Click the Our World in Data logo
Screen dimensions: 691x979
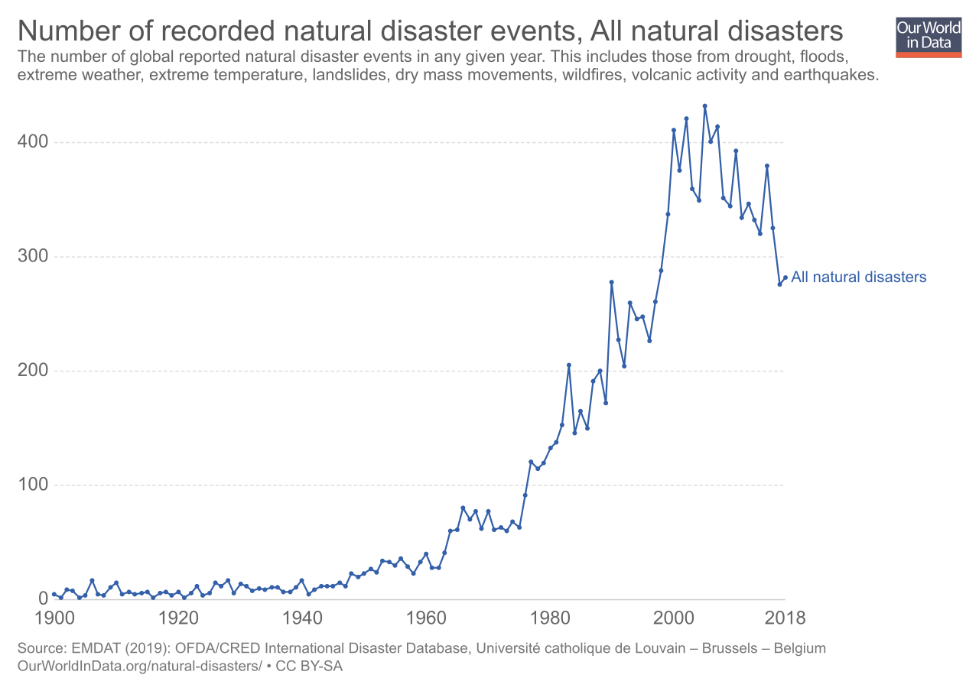(x=929, y=35)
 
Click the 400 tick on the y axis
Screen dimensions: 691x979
(x=33, y=142)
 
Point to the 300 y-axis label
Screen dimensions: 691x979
(x=33, y=256)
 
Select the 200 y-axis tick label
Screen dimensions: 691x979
(x=33, y=371)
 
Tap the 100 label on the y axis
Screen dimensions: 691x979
(x=33, y=485)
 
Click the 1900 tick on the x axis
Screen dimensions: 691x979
(x=54, y=617)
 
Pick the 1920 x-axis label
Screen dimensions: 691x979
(x=178, y=617)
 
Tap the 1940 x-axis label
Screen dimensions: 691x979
(x=302, y=617)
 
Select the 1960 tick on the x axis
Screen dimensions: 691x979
(x=426, y=617)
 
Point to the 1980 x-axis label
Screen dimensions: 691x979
(x=550, y=617)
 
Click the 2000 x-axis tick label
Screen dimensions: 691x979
(x=674, y=617)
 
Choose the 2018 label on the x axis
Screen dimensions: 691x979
(x=779, y=617)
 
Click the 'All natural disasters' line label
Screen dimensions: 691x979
(x=858, y=277)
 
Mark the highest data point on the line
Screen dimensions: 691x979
(x=704, y=106)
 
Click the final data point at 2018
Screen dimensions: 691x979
(x=785, y=277)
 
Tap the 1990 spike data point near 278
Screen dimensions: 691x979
(x=612, y=282)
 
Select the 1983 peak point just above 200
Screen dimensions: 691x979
(x=568, y=365)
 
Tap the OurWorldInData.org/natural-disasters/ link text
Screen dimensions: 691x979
(x=139, y=666)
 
